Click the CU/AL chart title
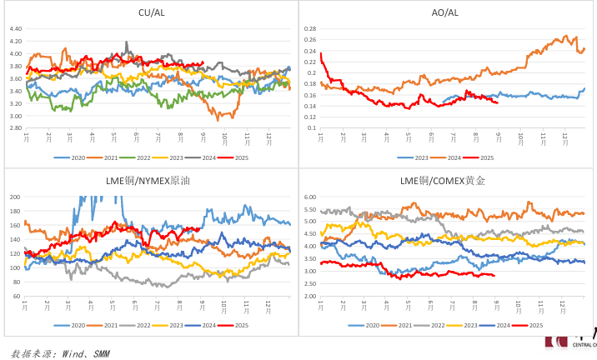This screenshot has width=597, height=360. [150, 12]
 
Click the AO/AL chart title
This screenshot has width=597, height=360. [445, 12]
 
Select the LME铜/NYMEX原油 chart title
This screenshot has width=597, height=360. [150, 180]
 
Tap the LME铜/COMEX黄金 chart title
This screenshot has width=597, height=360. [445, 180]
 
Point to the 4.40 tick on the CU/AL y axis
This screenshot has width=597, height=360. [15, 28]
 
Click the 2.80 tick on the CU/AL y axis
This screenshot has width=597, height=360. [15, 128]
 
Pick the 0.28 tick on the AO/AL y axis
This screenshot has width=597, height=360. [310, 28]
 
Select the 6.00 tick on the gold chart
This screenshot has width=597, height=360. [310, 197]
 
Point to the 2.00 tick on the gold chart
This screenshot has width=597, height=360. [310, 296]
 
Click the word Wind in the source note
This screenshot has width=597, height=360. [75, 354]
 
